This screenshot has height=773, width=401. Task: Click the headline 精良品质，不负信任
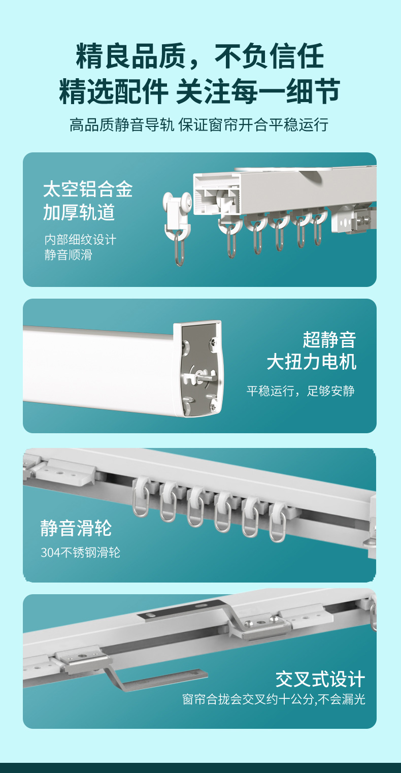[200, 56]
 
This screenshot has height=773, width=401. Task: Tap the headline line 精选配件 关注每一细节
[199, 91]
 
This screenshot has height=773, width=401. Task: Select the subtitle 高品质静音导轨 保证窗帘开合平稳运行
[199, 124]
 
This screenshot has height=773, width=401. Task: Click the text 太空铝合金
[88, 189]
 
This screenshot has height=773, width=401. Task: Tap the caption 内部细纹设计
[80, 240]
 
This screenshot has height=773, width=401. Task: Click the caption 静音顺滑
[68, 255]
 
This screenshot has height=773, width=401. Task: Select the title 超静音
[329, 340]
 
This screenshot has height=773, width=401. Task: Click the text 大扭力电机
[312, 362]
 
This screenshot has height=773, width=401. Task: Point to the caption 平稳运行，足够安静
[300, 391]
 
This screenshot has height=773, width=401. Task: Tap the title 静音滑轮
[76, 528]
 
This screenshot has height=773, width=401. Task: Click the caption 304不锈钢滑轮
[80, 553]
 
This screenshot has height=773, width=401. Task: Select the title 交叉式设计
[320, 679]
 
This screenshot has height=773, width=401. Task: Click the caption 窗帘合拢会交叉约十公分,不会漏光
[274, 699]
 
